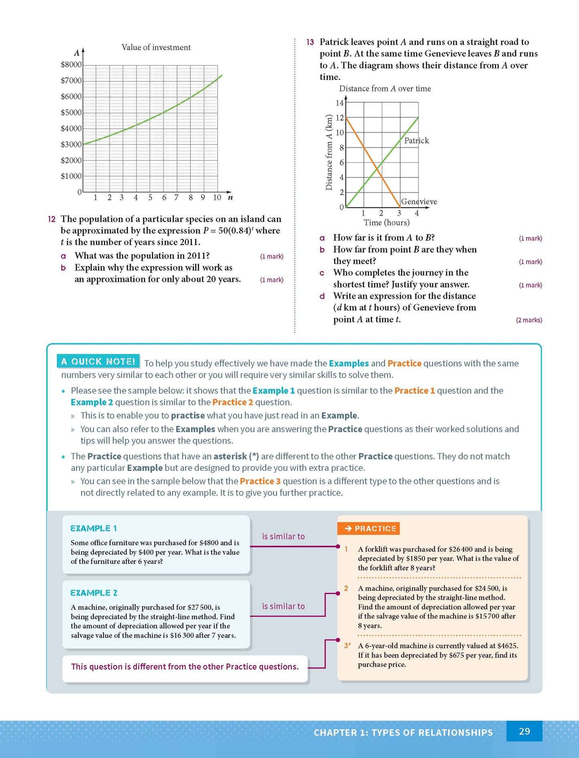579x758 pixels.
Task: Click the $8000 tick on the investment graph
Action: (x=71, y=65)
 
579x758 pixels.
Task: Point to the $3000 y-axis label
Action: (x=71, y=145)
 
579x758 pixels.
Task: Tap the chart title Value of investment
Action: (x=156, y=47)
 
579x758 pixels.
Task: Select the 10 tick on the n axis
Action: (x=217, y=197)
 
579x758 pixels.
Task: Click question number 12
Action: (x=52, y=219)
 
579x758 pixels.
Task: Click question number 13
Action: (x=310, y=42)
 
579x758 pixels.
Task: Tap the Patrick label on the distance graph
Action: (x=416, y=141)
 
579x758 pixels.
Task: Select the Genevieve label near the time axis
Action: (x=419, y=202)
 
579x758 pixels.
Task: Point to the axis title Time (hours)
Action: (x=386, y=223)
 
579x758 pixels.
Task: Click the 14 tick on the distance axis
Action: (x=339, y=103)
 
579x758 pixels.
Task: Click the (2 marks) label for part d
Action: (x=529, y=320)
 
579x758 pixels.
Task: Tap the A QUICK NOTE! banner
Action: (x=98, y=362)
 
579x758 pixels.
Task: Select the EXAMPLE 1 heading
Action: (x=93, y=529)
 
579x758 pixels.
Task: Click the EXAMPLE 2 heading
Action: (x=94, y=593)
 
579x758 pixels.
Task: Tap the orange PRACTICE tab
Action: (x=369, y=529)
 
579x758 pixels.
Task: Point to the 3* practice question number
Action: (x=347, y=645)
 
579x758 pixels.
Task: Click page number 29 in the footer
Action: (x=524, y=731)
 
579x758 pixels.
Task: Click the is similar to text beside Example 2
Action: (x=283, y=606)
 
